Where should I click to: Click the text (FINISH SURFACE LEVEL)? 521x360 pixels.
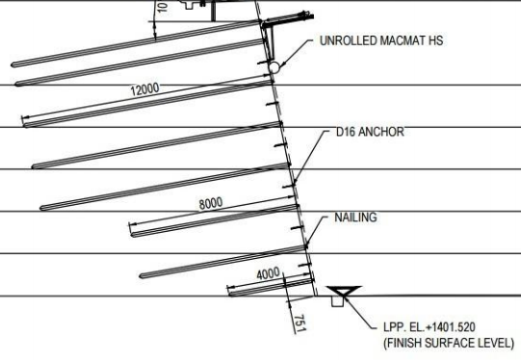pyautogui.click(x=442, y=344)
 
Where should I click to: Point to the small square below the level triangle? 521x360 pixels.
pyautogui.click(x=338, y=301)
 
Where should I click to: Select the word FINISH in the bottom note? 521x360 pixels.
pyautogui.click(x=400, y=344)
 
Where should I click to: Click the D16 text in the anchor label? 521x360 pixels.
pyautogui.click(x=347, y=135)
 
